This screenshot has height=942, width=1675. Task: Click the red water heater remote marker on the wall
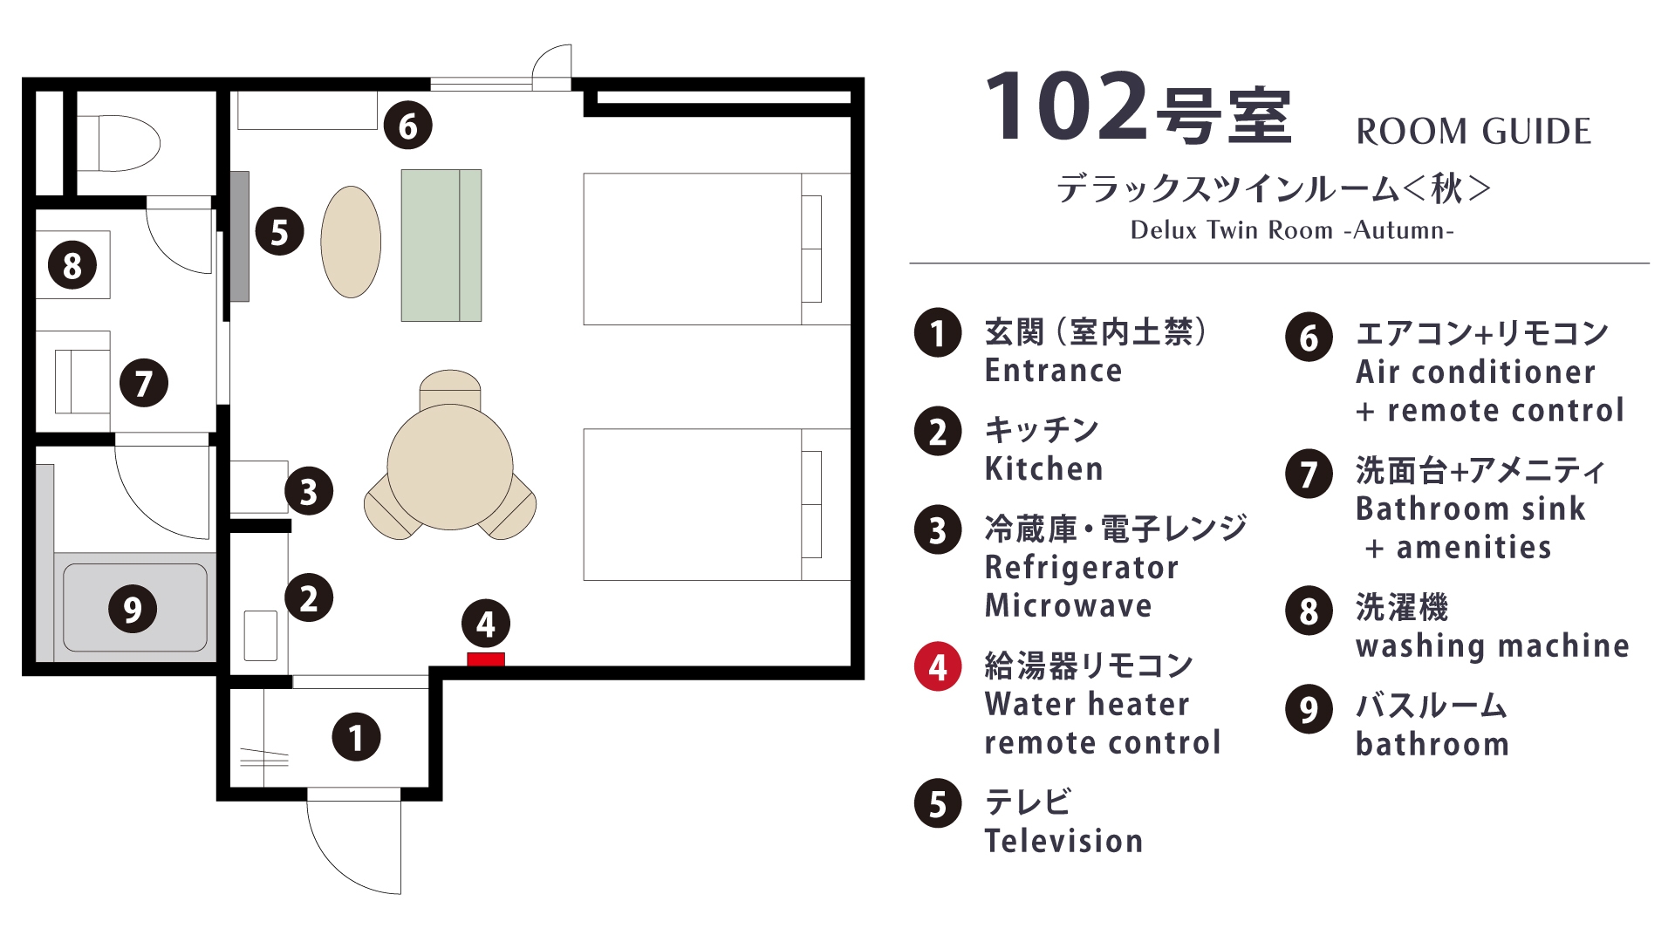[486, 659]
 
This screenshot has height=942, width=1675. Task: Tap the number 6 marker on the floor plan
[408, 126]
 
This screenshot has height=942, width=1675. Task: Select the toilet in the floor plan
[128, 143]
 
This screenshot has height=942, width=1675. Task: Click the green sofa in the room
[441, 245]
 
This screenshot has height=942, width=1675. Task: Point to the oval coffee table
[351, 242]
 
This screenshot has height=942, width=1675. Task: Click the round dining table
[450, 467]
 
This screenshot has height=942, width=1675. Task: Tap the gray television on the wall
[240, 236]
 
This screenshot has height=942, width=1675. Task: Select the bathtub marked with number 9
[135, 608]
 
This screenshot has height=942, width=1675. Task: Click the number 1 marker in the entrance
[356, 737]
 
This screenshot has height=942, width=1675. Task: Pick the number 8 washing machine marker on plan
[72, 265]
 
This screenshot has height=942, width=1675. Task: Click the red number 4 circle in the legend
[938, 667]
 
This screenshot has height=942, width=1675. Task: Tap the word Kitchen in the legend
[1043, 469]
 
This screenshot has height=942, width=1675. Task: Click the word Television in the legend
[1063, 841]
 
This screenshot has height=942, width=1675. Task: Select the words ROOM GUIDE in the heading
[1473, 132]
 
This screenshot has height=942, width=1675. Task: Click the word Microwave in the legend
[1069, 605]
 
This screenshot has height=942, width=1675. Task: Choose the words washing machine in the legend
[1492, 645]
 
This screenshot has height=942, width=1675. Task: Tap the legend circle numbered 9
[1309, 709]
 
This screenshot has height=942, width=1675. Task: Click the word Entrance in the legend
[1053, 371]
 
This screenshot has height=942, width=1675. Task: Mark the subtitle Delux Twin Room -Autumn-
[1292, 230]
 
